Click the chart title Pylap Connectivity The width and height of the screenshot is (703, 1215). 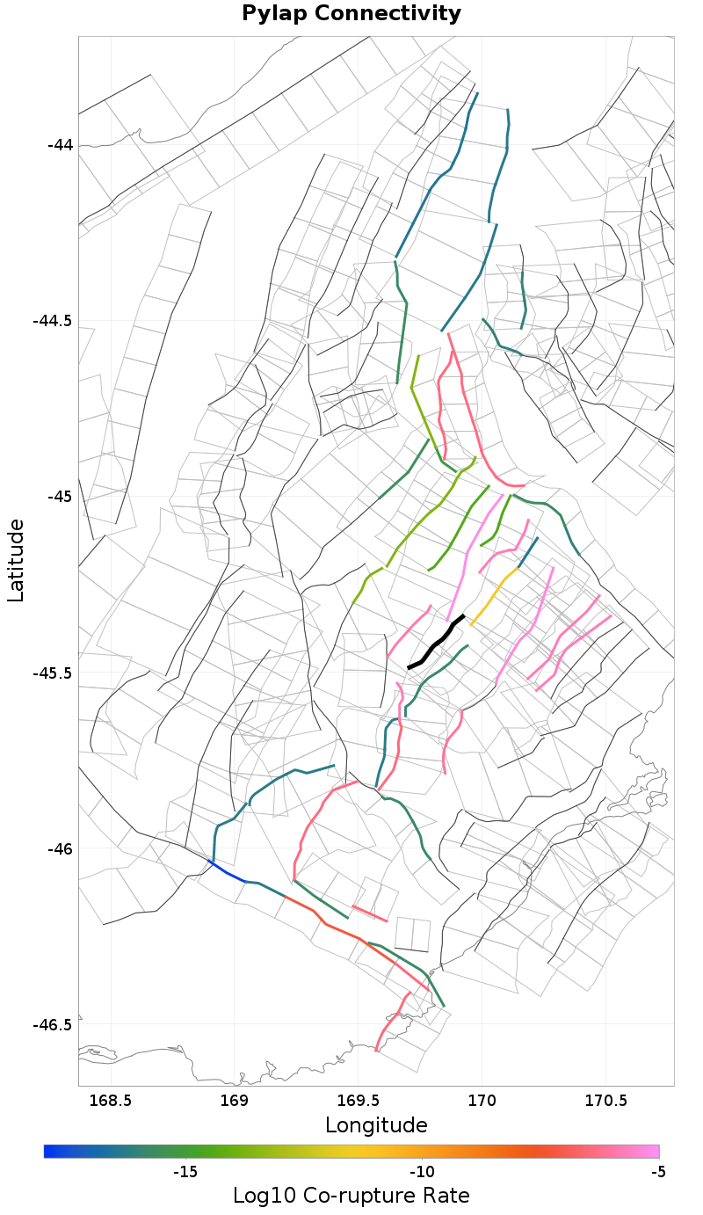click(351, 14)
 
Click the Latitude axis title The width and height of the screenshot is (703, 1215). click(16, 560)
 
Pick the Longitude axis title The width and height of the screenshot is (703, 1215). click(376, 1125)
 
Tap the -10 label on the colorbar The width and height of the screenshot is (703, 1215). click(422, 1172)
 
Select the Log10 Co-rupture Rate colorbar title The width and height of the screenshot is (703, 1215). click(351, 1196)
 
